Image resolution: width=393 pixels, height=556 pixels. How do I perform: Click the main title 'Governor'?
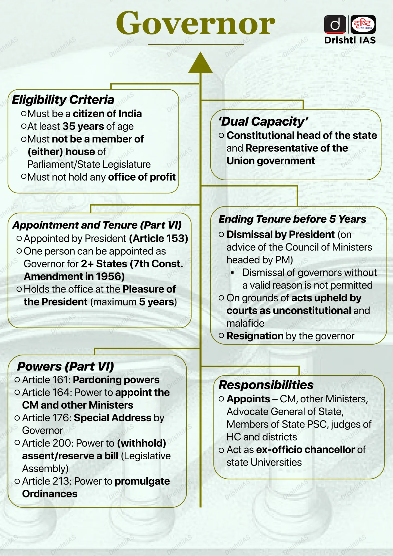click(196, 24)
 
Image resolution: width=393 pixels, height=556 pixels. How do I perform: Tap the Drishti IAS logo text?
click(350, 40)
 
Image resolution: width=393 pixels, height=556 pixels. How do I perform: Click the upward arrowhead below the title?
click(200, 63)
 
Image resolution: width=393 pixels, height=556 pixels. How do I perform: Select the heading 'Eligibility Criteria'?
click(63, 100)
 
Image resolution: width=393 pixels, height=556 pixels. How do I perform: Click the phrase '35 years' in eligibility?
click(83, 126)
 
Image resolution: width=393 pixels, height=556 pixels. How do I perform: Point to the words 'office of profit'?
click(142, 177)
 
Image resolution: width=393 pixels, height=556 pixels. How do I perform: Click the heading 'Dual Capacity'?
click(263, 121)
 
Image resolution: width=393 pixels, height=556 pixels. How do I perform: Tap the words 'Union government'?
click(271, 161)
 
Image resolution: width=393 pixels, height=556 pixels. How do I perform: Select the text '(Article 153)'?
click(159, 238)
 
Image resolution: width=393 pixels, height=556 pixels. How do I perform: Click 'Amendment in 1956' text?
click(74, 276)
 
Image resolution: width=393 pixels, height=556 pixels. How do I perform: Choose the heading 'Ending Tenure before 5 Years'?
click(292, 219)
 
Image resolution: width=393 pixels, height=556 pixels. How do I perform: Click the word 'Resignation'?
click(255, 336)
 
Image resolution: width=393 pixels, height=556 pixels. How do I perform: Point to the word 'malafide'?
click(245, 323)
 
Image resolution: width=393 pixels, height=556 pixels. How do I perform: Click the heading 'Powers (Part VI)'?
click(65, 367)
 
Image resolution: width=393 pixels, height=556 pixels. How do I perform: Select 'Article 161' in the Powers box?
click(46, 380)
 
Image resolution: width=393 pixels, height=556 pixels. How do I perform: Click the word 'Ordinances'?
click(50, 494)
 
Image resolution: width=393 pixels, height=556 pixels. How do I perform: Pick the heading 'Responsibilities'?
click(266, 385)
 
